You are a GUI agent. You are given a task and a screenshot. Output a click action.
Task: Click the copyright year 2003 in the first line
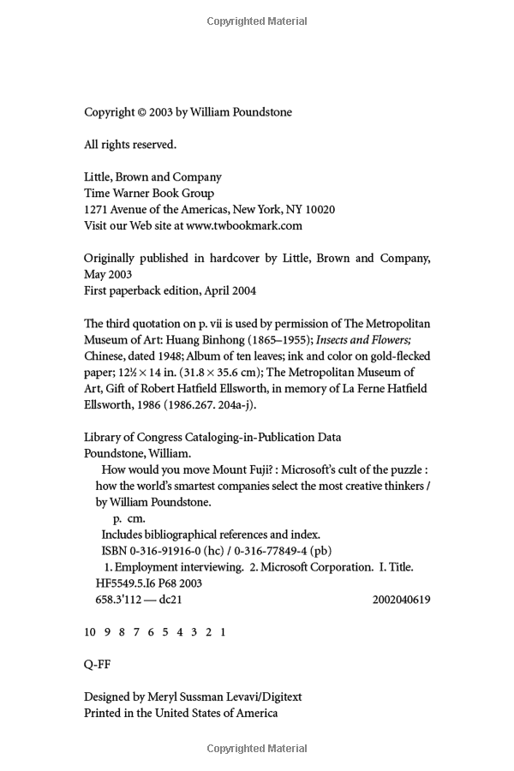[162, 112]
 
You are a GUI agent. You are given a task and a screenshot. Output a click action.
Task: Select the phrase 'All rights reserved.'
[130, 145]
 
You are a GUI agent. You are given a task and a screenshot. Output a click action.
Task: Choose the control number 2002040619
[401, 600]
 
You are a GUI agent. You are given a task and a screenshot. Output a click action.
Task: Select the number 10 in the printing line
[90, 632]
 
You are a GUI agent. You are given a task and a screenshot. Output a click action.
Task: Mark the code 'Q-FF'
[97, 664]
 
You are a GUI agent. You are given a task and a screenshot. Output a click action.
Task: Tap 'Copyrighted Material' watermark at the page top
[257, 21]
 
